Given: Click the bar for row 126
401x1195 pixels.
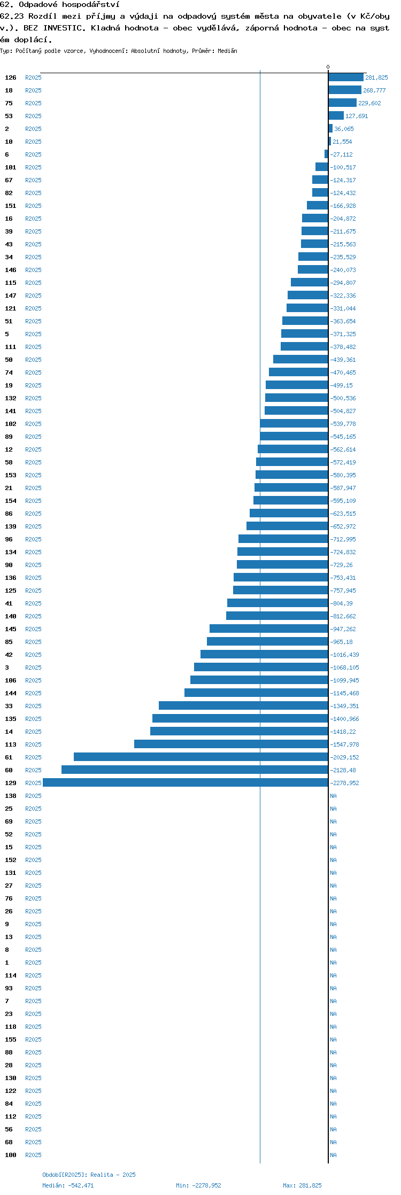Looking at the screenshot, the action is (x=346, y=77).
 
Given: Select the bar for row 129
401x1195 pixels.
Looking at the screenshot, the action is (x=186, y=783).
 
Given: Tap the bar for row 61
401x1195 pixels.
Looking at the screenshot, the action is (x=201, y=757).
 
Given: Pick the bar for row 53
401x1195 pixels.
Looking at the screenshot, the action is (x=336, y=116).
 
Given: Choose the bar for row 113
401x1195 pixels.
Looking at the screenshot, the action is (x=231, y=744).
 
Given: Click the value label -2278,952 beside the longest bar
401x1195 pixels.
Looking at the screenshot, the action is (x=345, y=783).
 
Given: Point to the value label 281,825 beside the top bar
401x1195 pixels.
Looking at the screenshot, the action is (x=376, y=77).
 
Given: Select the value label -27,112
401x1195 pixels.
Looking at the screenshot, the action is (x=342, y=154).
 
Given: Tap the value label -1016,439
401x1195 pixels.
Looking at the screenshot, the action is (x=345, y=655).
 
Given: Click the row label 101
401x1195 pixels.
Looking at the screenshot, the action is (x=11, y=167).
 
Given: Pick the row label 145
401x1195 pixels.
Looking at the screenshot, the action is (x=11, y=629).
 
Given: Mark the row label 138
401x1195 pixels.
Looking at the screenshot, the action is (x=11, y=796).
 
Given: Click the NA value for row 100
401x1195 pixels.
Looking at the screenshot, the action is (x=334, y=1155).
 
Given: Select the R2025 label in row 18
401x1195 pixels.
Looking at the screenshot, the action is (x=33, y=90).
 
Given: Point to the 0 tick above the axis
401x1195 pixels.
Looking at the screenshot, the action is (x=328, y=67).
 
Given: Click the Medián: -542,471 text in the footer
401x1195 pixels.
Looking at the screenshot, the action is (x=68, y=1185).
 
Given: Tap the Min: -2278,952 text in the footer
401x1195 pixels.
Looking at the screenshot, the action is (x=198, y=1185).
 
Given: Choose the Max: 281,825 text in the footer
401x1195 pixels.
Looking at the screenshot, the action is (x=302, y=1185).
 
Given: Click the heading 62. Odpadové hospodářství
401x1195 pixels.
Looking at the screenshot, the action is (x=60, y=5).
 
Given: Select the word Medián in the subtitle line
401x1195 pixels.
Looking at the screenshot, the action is (x=227, y=51).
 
